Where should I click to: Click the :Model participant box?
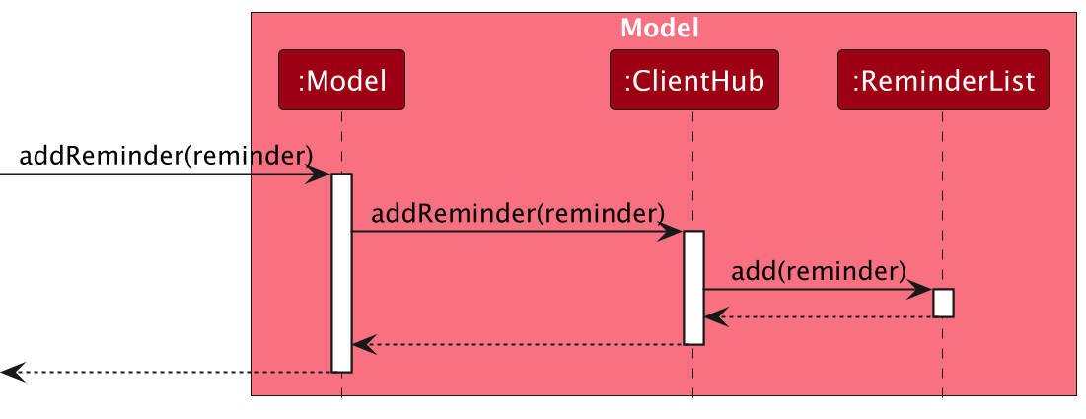tap(341, 80)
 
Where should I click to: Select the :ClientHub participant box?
tap(693, 80)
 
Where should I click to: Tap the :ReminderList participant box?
tap(942, 80)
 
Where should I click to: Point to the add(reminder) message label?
tap(819, 270)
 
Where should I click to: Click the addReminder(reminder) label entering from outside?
tap(166, 155)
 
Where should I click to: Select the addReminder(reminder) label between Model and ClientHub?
tap(518, 213)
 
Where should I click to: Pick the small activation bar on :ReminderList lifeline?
tap(942, 303)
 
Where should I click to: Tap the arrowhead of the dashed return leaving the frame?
tap(10, 373)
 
